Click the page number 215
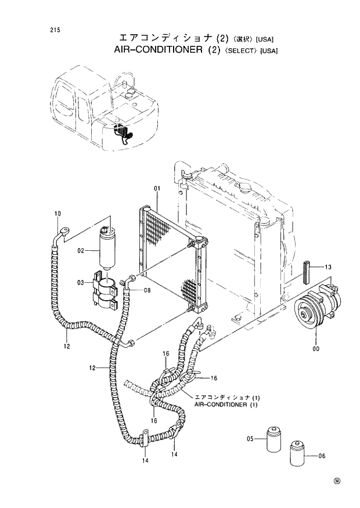click(x=55, y=30)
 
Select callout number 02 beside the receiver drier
click(x=81, y=250)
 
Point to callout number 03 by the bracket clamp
click(x=81, y=282)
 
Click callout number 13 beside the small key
click(x=328, y=267)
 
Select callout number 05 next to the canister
click(x=251, y=438)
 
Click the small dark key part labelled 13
click(x=308, y=271)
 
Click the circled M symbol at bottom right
click(x=336, y=481)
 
